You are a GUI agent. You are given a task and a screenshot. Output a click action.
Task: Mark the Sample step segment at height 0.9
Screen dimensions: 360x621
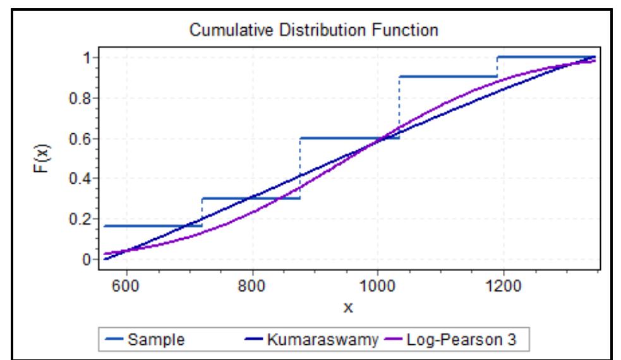[x=448, y=76]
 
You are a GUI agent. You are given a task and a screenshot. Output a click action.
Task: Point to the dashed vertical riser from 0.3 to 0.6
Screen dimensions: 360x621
[x=299, y=168]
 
